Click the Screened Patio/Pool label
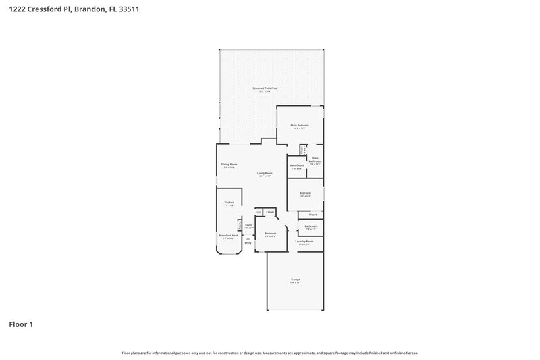pos(265,88)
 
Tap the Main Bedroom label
pos(300,126)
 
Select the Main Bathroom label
pos(315,160)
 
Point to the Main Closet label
pos(296,165)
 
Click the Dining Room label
pos(229,165)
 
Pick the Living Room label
pos(265,174)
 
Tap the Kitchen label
pos(229,203)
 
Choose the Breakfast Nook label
pos(228,236)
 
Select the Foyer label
pos(248,225)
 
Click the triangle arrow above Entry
pos(248,238)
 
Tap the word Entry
pos(248,243)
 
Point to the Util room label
pos(259,212)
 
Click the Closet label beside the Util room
pos(270,212)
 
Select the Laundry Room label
pos(304,241)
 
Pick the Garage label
pos(296,279)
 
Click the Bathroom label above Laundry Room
pos(310,226)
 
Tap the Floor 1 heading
pos(21,324)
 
